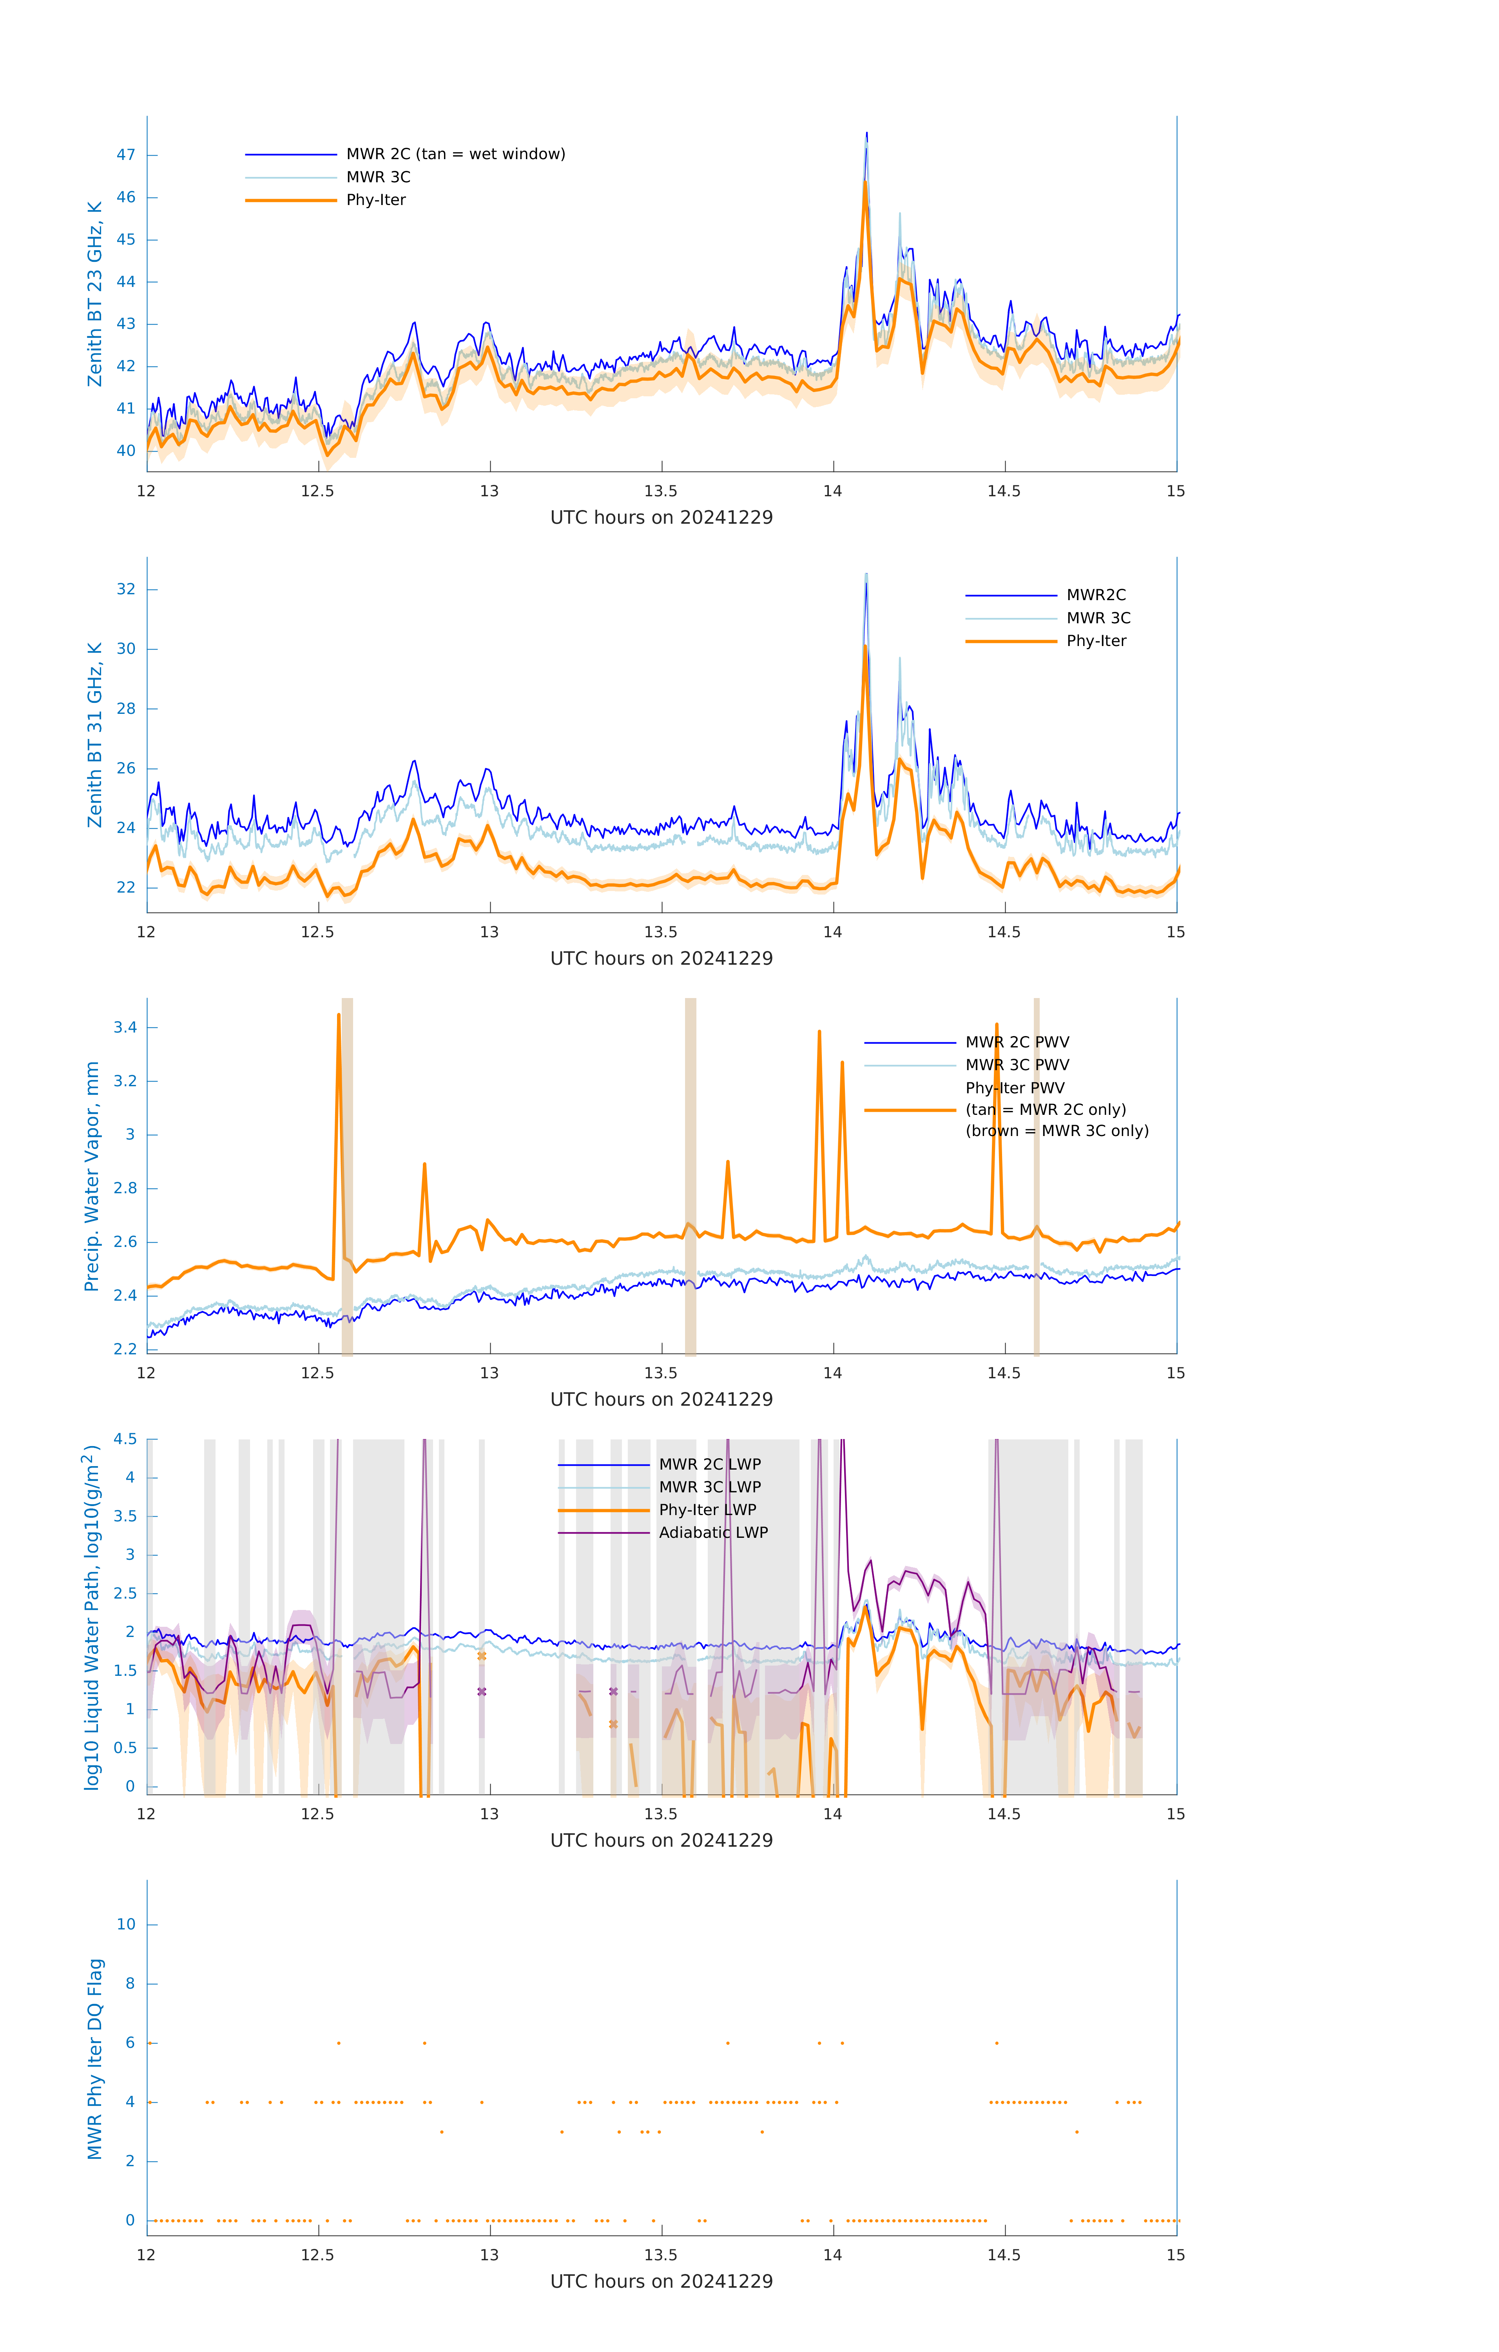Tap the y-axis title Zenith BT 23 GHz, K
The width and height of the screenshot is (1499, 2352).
(x=95, y=294)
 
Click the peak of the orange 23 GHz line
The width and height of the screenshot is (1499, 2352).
(x=865, y=183)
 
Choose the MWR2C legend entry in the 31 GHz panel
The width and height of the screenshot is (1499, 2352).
(x=1096, y=595)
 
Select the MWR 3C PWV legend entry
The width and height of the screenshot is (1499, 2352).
(x=1017, y=1065)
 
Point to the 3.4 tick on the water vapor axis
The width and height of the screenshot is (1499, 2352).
(x=125, y=1027)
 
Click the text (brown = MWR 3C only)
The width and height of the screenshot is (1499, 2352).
(x=1057, y=1131)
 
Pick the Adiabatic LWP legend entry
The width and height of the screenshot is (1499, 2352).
(x=713, y=1532)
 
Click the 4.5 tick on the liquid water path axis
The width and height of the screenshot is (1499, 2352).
(x=125, y=1440)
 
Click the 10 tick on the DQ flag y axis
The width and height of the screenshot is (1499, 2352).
(x=126, y=1924)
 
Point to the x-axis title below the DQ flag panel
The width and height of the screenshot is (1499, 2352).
(x=661, y=2282)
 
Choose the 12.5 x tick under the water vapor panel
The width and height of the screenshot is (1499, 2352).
(x=317, y=1373)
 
